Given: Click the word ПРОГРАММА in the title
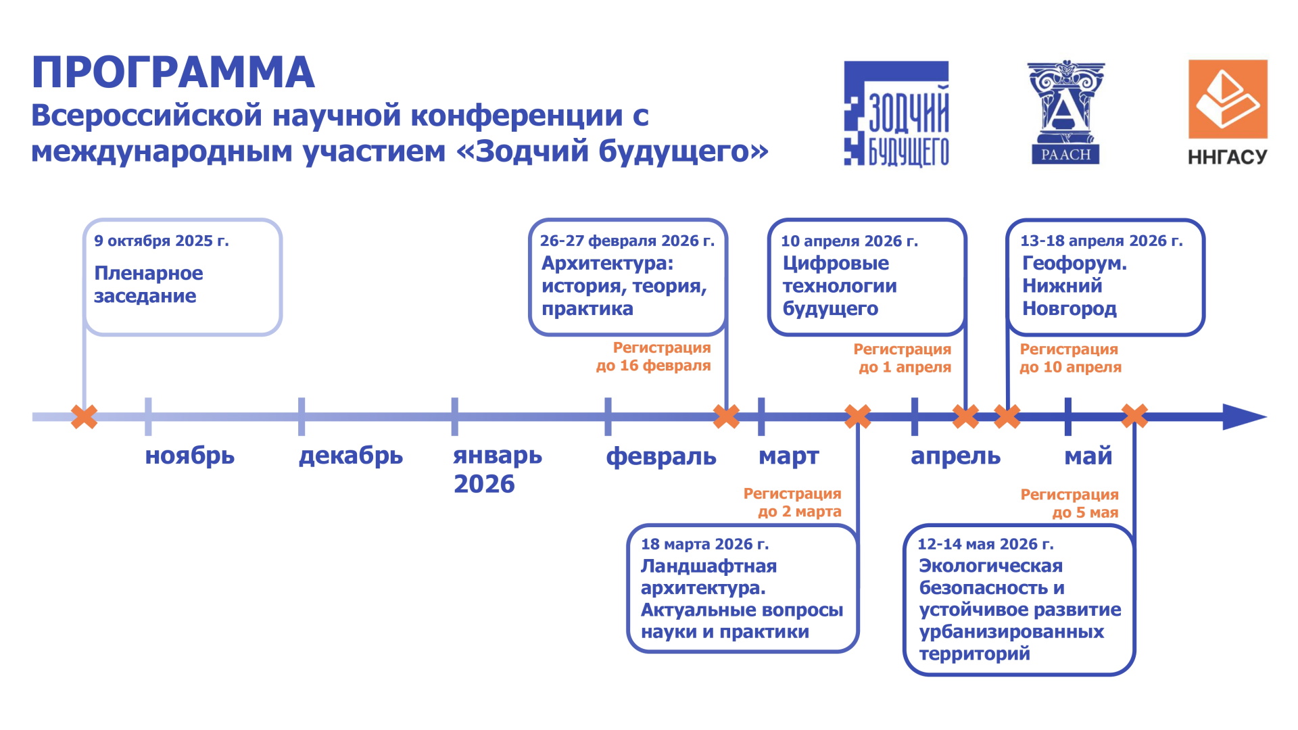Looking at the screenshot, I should coord(173,72).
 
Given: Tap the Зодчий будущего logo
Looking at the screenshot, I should coord(896,114).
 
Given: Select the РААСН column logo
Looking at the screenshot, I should coord(1065,112).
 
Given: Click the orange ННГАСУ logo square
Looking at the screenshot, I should coord(1228,99).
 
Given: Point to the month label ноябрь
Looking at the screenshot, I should coord(190,456).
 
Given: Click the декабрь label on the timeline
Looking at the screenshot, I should coord(351,456).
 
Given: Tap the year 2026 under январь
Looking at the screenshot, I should coord(484,484).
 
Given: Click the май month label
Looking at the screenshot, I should coord(1088,456).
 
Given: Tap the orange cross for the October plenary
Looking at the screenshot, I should coord(85,416).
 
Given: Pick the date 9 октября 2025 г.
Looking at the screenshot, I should coord(162,241).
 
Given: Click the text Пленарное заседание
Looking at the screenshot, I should coord(148,285).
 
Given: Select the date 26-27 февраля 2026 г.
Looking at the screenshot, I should coord(627,241).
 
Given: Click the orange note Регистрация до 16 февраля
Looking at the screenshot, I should coord(653,357).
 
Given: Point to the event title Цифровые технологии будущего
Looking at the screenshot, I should coord(840,286).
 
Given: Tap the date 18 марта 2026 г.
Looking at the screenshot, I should coord(704,544).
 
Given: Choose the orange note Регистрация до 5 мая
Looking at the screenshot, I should coord(1069,504).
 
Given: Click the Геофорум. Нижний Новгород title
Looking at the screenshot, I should coord(1074,286).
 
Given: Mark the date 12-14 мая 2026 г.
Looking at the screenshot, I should coord(985,544).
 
